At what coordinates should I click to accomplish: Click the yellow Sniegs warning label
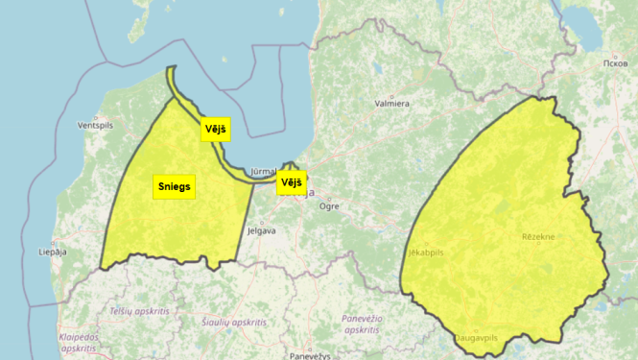point(175,186)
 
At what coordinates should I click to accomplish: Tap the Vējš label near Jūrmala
point(291,182)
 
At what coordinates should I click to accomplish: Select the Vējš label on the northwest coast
point(216,129)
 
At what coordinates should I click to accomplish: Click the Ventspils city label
point(95,125)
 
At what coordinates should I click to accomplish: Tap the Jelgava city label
point(261,230)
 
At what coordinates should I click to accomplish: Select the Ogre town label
point(329,205)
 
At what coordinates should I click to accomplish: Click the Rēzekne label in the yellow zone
point(537,235)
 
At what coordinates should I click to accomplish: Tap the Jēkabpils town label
point(425,252)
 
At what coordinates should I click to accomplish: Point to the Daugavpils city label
point(476,339)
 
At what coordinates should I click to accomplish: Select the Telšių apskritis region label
point(139,312)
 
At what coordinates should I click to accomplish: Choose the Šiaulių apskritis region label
point(235,323)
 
